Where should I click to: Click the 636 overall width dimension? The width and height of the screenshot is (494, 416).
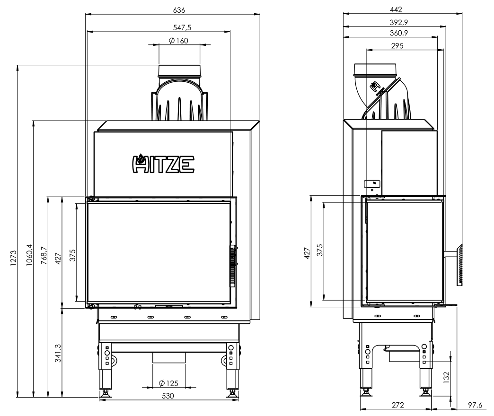click(179, 10)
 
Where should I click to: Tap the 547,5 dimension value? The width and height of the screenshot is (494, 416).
click(182, 28)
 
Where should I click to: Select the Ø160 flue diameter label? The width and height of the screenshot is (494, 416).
click(178, 41)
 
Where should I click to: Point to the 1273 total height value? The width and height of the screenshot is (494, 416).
click(13, 258)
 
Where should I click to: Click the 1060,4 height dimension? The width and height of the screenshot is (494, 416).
click(29, 255)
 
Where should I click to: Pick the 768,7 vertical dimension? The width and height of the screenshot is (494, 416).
click(44, 256)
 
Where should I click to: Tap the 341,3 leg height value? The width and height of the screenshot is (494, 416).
click(58, 353)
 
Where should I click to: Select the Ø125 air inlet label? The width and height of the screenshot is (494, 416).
click(169, 383)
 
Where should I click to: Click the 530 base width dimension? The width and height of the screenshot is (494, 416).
click(168, 396)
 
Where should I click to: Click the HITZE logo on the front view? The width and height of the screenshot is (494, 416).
click(163, 163)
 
